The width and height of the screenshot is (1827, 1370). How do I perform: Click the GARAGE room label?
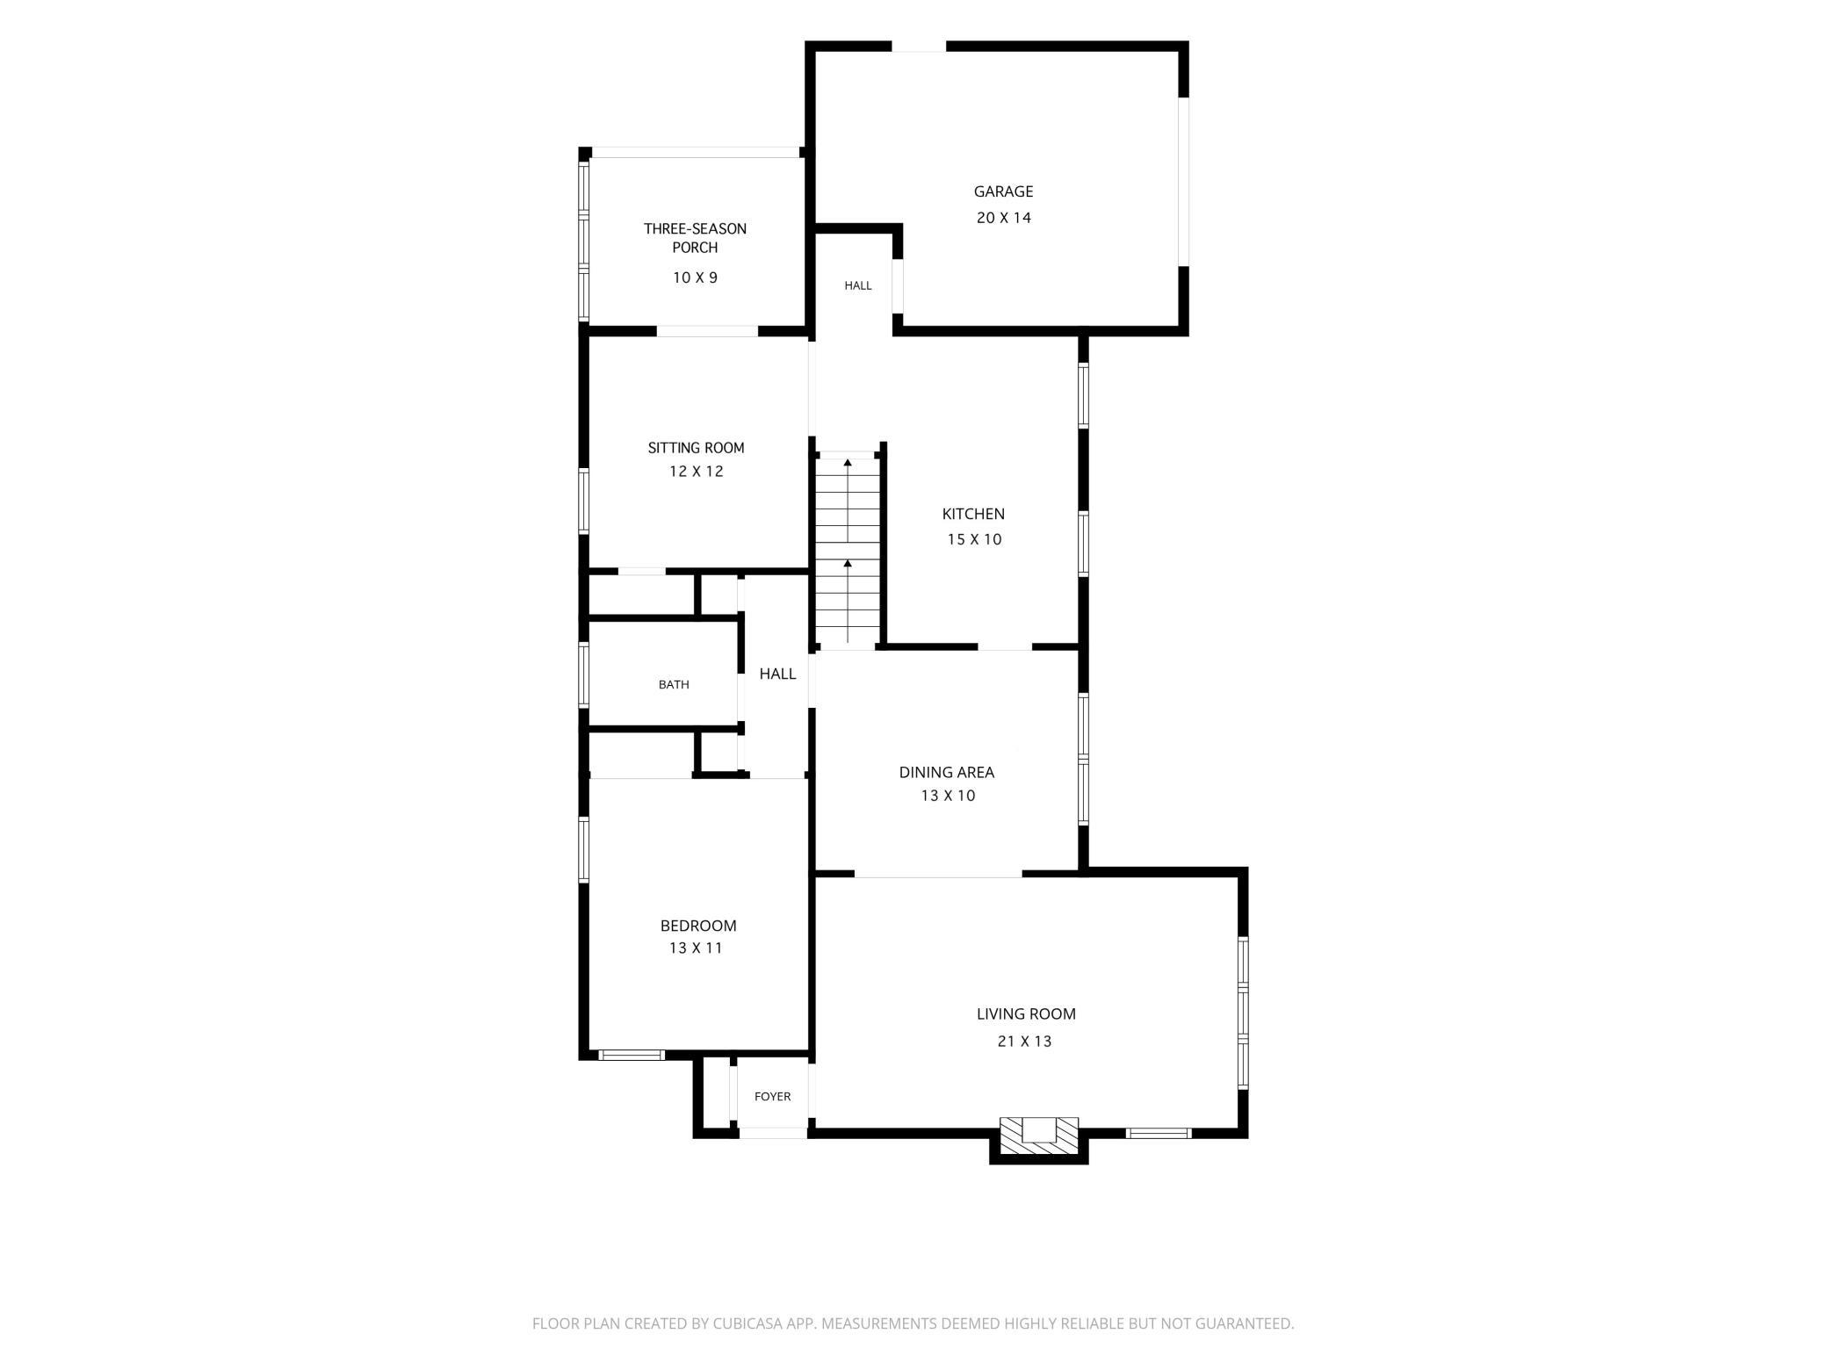pos(1003,191)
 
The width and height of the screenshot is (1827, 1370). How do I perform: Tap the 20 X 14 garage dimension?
pos(1003,218)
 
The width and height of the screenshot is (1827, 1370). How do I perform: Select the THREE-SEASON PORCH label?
pos(695,238)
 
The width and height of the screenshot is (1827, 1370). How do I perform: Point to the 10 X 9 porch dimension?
pos(695,278)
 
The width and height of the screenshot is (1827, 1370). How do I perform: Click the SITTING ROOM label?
pos(696,448)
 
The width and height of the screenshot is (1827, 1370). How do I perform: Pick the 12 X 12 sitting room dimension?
pos(696,472)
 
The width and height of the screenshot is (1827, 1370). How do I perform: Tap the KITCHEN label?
pos(973,514)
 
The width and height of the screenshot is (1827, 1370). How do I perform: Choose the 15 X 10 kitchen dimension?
pos(974,539)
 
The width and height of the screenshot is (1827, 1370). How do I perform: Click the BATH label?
pos(674,685)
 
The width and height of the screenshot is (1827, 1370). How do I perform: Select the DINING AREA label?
pos(947,773)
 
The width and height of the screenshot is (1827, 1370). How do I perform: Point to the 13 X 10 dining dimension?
pos(948,796)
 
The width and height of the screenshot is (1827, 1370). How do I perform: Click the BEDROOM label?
pos(698,926)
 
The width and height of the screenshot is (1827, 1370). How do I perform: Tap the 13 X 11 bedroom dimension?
pos(696,948)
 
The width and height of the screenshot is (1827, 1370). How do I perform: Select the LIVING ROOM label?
pos(1026,1014)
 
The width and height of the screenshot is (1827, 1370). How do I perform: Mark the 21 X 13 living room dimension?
pos(1024,1042)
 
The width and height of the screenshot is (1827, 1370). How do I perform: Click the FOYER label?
pos(773,1097)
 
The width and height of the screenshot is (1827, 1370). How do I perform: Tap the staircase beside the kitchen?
pos(848,552)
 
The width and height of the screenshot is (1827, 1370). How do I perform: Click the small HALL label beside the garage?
pos(858,285)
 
